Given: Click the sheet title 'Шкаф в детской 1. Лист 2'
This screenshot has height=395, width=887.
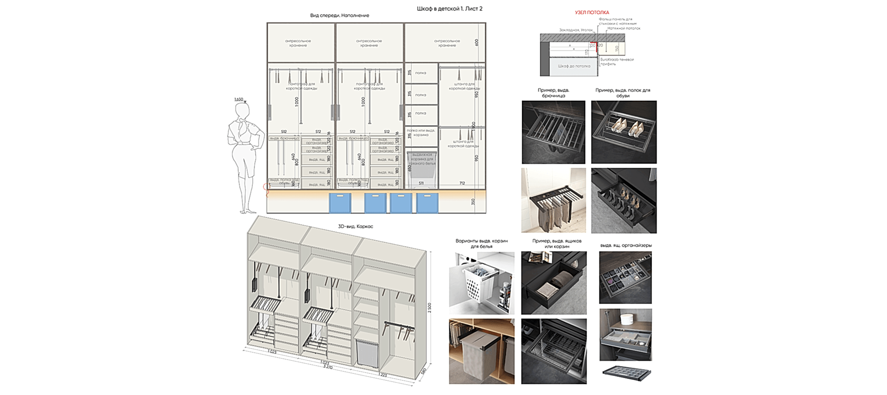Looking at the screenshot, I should (x=449, y=9).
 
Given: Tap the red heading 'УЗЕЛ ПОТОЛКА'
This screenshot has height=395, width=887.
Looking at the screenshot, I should (x=592, y=13).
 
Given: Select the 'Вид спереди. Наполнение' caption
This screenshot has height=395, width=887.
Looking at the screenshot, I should (x=339, y=16).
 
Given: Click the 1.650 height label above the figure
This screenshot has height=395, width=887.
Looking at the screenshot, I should (x=239, y=100).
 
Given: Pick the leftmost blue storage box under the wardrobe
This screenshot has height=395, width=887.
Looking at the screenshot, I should (x=340, y=203).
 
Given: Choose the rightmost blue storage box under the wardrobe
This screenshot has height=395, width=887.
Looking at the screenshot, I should (x=427, y=203).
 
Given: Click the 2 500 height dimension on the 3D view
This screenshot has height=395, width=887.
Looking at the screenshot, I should (x=429, y=307).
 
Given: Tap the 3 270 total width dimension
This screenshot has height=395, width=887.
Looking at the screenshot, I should (x=328, y=367).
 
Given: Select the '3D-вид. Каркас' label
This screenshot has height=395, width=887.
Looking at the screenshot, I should (x=355, y=226).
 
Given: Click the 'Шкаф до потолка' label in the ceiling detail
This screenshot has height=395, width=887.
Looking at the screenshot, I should (x=574, y=66).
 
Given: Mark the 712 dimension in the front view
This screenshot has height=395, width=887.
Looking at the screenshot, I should (x=462, y=183).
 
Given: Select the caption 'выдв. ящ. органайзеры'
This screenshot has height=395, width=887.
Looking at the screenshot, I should (x=626, y=245).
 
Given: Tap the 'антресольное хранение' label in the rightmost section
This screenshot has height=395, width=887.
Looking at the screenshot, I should (x=447, y=43).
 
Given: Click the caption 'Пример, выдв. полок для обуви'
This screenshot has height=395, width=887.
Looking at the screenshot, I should (x=623, y=93).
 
